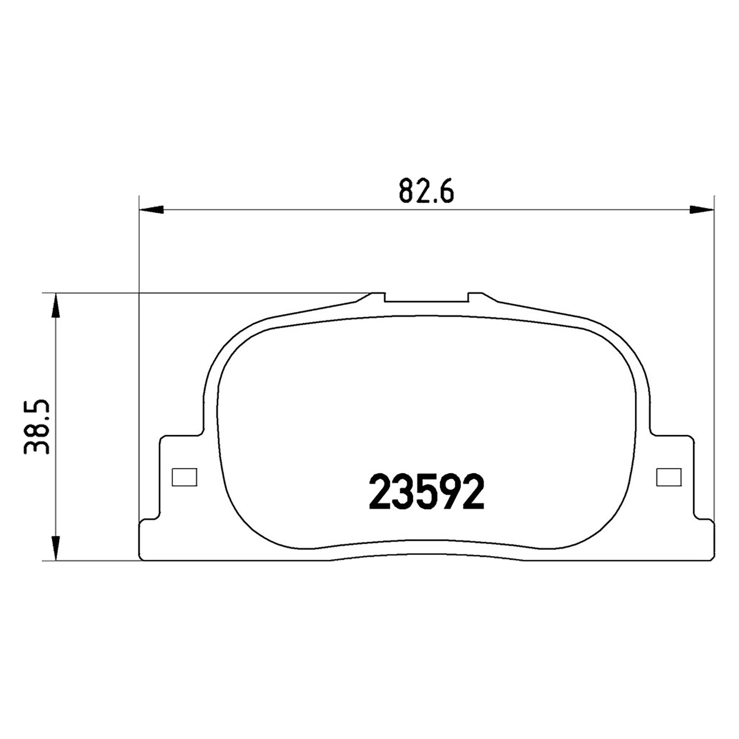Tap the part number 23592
click(426, 492)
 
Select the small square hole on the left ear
click(184, 477)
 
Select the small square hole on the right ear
click(669, 477)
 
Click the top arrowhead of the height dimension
click(55, 305)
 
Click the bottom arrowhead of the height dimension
click(55, 548)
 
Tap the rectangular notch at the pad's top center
click(426, 297)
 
